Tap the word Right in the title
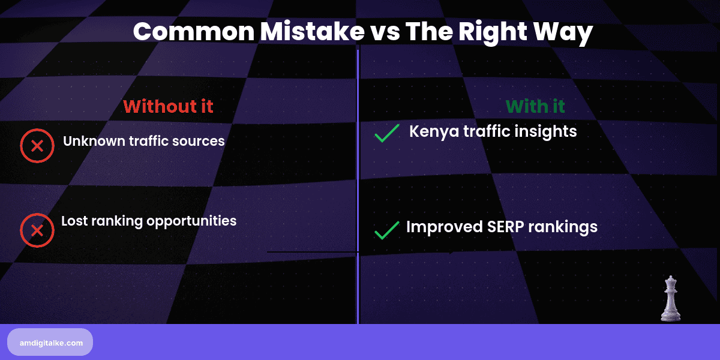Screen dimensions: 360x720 coord(484,31)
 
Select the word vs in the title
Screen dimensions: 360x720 coord(384,31)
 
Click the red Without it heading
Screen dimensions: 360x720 coord(168,106)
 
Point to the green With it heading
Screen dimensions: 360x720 coord(535,106)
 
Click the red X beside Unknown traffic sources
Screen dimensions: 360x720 coord(37,146)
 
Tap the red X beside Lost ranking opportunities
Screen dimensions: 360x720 coord(37,230)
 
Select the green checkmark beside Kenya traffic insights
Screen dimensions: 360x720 coord(387,133)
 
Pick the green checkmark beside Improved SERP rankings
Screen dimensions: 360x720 coord(387,230)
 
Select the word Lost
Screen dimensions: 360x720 coord(73,220)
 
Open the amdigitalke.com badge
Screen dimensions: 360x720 coord(50,342)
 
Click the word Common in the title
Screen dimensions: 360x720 coord(193,31)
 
